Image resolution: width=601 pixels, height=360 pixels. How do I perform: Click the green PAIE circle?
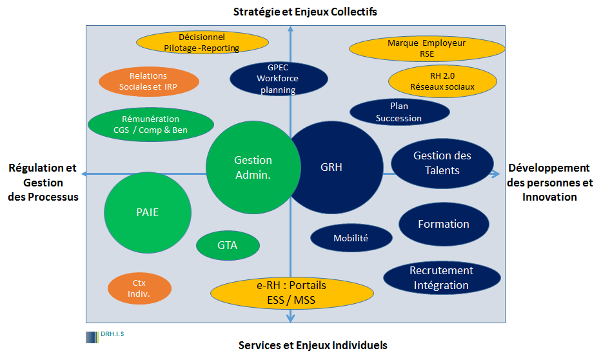pos(148,212)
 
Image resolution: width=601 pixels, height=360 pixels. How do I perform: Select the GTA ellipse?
pos(228,245)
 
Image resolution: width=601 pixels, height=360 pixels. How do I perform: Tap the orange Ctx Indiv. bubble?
pos(139,288)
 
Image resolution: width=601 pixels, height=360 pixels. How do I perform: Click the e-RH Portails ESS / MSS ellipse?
pos(292,293)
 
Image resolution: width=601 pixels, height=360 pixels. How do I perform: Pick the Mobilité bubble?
pos(351,238)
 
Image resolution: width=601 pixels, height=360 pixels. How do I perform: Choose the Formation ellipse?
pos(444,224)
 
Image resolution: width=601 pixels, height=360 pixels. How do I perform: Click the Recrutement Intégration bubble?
pos(442,278)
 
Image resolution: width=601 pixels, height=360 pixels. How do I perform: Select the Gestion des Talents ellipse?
pos(442,163)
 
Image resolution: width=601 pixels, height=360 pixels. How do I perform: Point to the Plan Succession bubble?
pos(399,112)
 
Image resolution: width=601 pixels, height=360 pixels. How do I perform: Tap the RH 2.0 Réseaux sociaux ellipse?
pos(443,81)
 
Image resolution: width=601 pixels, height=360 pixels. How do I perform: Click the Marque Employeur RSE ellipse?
pos(427,48)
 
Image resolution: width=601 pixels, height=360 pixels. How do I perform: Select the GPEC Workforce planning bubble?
pos(279,79)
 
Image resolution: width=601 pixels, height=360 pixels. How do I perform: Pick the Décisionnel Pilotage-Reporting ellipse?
pos(202,43)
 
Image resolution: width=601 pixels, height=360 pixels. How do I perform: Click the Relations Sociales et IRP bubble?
pos(149,81)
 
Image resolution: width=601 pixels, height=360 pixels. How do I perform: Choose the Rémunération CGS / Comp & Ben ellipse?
pos(151,125)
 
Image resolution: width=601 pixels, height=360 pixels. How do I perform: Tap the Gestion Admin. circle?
pos(253,168)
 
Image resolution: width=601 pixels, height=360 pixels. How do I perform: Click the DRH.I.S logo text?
pos(112,334)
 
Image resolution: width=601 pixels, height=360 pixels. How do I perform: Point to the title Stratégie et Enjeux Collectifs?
pos(305,12)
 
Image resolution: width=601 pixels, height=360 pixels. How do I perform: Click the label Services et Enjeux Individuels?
pos(313,345)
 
